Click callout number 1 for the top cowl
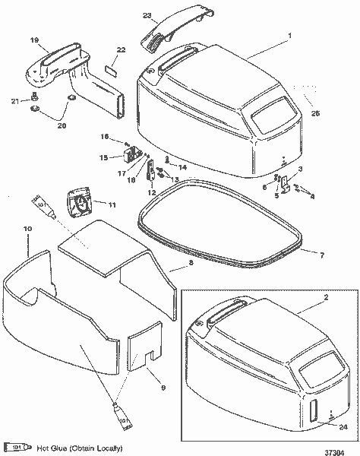point(288,36)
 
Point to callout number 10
point(27,227)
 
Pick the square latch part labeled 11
point(77,203)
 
